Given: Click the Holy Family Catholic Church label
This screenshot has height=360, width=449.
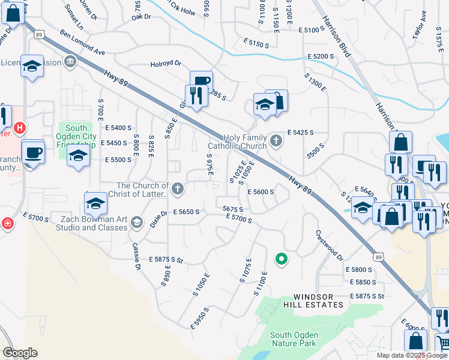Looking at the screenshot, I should [x=237, y=142].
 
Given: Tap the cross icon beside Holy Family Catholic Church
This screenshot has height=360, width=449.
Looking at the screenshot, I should [x=276, y=140].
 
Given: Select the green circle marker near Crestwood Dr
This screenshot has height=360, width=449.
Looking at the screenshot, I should [x=280, y=259].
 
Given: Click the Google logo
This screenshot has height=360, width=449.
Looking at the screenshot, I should [x=19, y=353].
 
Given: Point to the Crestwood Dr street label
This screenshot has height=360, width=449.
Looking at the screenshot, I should [x=328, y=245].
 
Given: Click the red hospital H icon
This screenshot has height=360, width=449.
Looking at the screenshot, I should [x=20, y=128].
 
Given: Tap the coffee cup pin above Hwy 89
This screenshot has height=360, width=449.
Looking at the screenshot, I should [x=201, y=82].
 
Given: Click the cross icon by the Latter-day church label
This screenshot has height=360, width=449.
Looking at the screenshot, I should [x=177, y=189].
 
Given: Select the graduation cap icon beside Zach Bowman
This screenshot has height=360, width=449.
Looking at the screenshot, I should [x=136, y=223].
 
